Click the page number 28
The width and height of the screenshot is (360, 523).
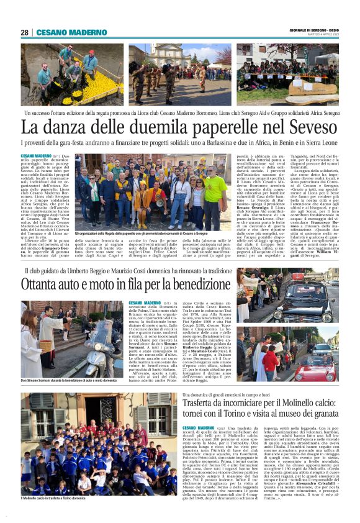[x=25, y=32]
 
